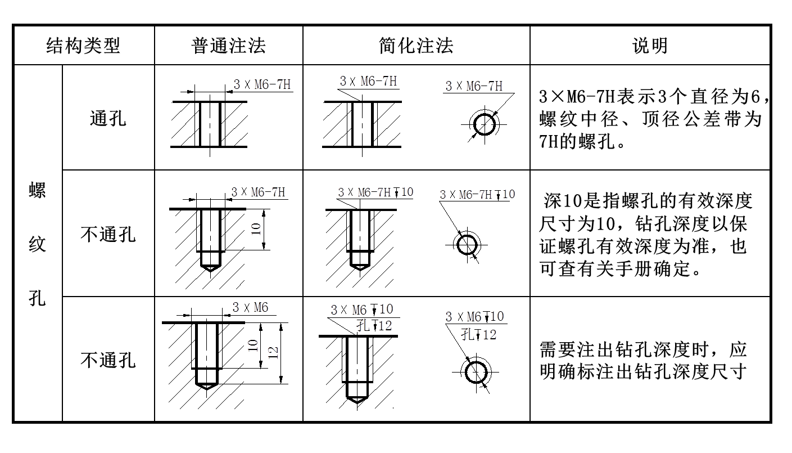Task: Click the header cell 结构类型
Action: pos(84,46)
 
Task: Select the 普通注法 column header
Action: pos(228,46)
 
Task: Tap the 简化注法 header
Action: pos(416,46)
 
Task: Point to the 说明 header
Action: pos(650,46)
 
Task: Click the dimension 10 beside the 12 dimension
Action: pos(254,346)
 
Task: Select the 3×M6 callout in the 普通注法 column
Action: pos(251,307)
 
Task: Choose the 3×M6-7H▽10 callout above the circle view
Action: pos(478,194)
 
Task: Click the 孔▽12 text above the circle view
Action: pos(478,335)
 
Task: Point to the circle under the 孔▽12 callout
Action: pos(476,371)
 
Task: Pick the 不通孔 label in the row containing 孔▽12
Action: pos(108,361)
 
